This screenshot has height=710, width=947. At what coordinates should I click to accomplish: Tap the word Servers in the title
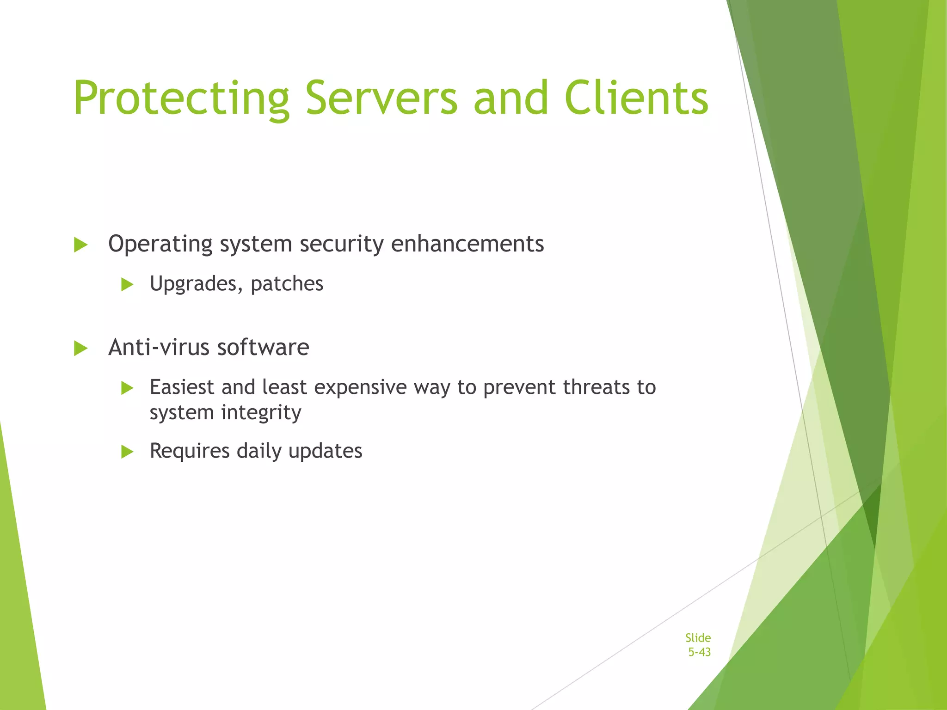(381, 98)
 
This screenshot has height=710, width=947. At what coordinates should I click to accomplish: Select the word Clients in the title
(636, 98)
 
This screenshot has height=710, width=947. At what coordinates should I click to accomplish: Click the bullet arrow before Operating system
(80, 245)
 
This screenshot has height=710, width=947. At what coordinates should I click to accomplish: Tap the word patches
(287, 284)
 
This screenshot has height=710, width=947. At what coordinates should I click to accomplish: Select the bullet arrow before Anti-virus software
(80, 348)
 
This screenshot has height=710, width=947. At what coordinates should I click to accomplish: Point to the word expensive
(360, 388)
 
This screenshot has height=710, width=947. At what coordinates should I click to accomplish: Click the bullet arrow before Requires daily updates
(127, 452)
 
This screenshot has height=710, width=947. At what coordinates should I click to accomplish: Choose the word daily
(258, 451)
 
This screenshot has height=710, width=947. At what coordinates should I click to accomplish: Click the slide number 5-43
(699, 652)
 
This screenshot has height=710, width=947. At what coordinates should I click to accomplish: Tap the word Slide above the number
(698, 638)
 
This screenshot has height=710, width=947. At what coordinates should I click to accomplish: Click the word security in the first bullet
(341, 244)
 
